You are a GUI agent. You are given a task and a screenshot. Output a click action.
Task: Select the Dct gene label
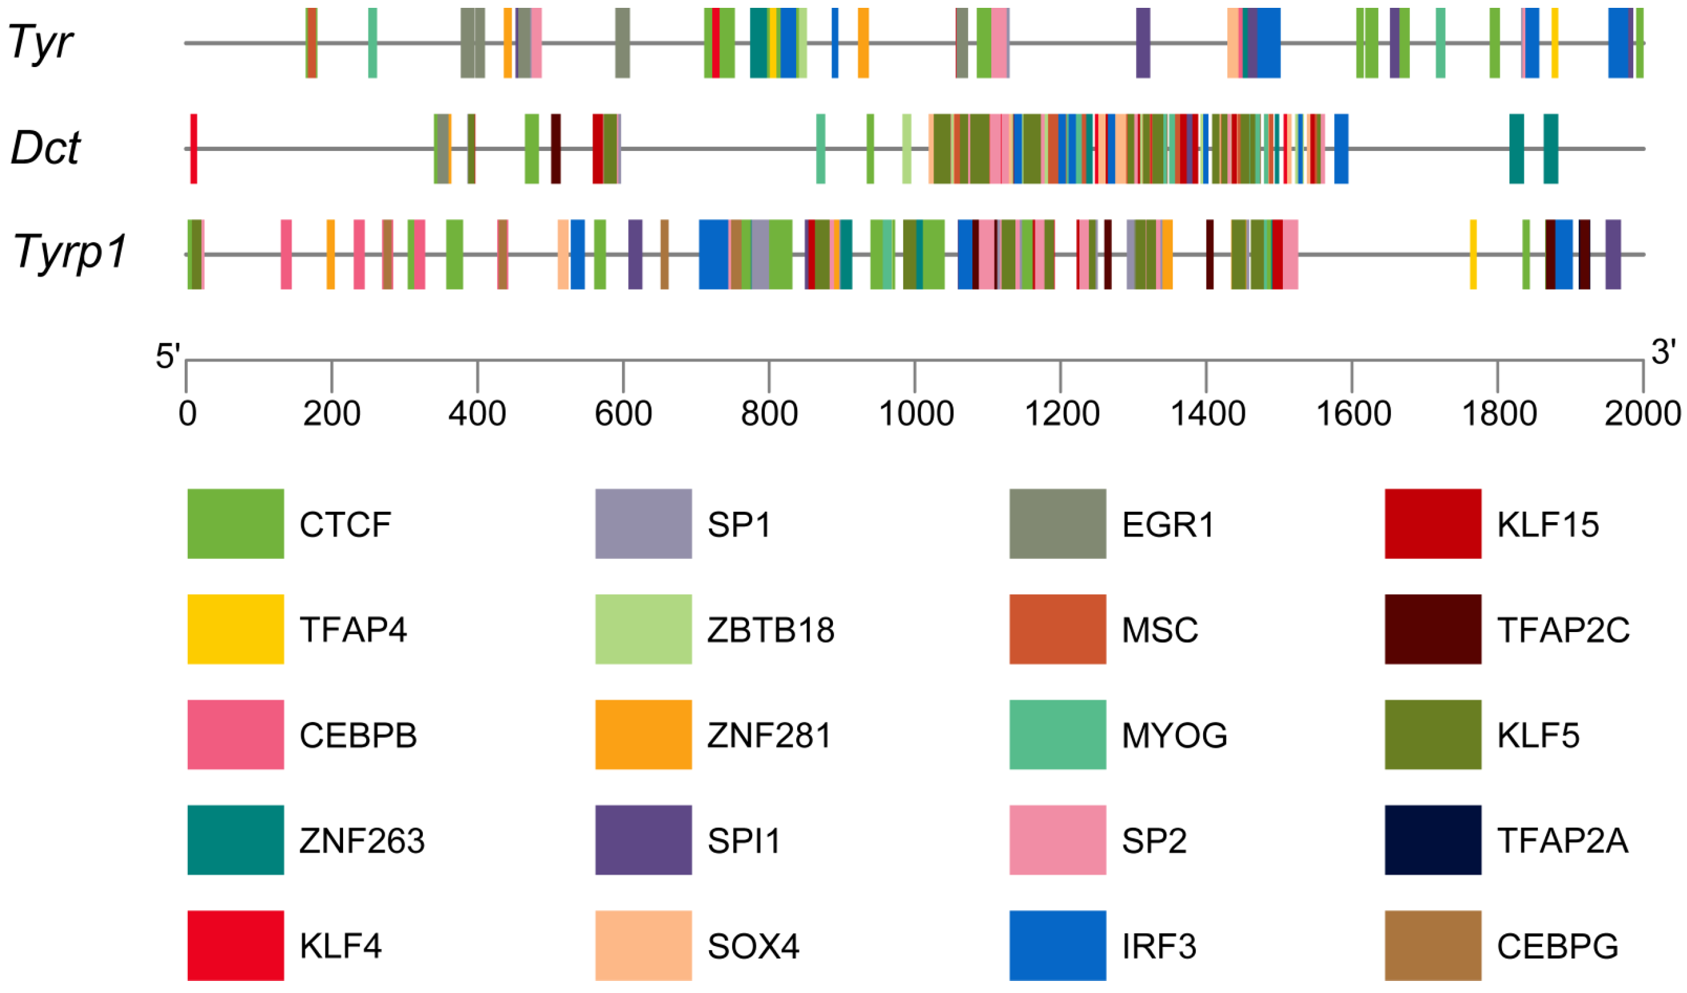click(45, 148)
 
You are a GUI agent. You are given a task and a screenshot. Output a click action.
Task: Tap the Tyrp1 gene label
click(69, 253)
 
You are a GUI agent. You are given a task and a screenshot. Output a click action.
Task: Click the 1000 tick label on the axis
click(916, 414)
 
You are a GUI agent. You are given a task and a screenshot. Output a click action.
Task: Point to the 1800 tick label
click(1498, 414)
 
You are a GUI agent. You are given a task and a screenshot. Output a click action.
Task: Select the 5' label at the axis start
click(167, 357)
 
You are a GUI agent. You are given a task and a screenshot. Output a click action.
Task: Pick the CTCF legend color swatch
click(236, 525)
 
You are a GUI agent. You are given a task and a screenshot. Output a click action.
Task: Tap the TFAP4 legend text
click(353, 630)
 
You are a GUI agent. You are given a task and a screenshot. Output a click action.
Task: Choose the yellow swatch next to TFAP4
click(236, 630)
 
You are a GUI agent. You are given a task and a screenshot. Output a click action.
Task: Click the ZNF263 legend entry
click(361, 841)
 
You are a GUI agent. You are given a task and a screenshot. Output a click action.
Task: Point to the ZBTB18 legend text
click(771, 630)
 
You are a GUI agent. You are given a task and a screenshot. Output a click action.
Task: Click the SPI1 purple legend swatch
click(643, 840)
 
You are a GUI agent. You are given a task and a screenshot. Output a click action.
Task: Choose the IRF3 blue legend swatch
click(1058, 946)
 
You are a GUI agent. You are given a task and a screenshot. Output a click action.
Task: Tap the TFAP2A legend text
click(1563, 841)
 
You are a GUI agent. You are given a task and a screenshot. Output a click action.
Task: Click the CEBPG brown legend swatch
click(1433, 946)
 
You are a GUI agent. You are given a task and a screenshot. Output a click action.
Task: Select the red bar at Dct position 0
click(193, 148)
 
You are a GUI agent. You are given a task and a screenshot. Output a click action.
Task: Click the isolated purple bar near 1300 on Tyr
click(1143, 43)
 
